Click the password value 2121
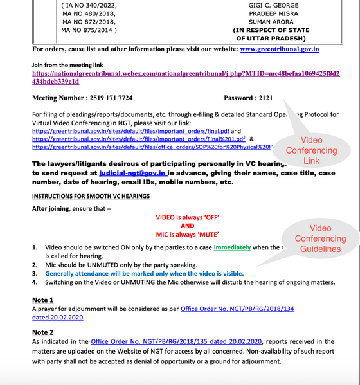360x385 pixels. [264, 98]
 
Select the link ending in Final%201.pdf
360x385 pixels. [139, 138]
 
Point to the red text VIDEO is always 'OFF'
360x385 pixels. [187, 217]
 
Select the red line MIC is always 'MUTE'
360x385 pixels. [187, 235]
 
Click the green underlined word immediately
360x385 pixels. [232, 247]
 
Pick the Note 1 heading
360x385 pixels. [43, 300]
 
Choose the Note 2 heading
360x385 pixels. [43, 332]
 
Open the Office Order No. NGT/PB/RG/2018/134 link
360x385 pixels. [237, 309]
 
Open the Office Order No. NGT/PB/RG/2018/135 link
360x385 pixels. [177, 341]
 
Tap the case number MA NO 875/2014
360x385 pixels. [88, 29]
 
